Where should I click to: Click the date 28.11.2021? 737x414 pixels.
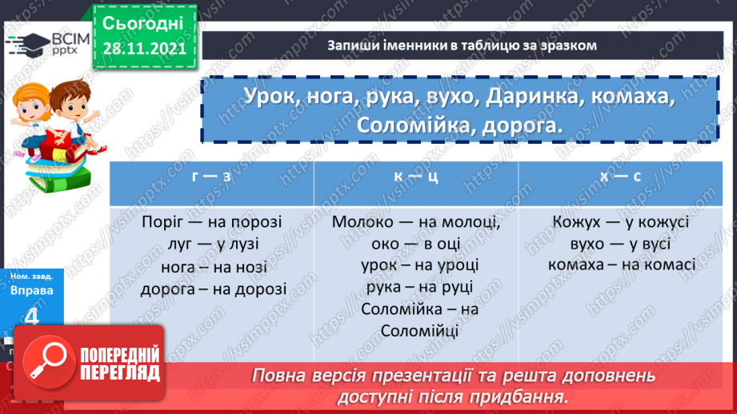144,49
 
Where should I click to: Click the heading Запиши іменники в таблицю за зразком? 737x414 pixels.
463,46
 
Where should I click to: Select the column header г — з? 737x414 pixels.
211,177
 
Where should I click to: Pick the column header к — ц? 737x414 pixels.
416,177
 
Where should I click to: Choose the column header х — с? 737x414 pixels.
620,177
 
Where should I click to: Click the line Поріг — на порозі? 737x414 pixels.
212,223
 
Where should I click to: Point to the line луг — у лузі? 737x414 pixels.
212,245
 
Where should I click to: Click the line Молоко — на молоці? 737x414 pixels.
416,223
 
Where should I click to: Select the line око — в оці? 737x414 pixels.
416,245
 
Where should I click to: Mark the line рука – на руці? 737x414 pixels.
416,288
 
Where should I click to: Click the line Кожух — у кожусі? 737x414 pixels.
620,223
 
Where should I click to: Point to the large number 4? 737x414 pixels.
32,317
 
